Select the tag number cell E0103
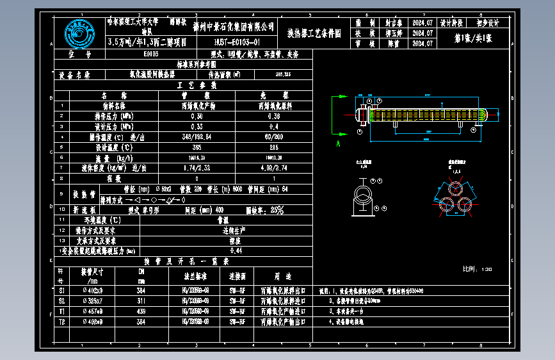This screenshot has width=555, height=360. [151, 54]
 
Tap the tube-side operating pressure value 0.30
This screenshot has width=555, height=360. [197, 116]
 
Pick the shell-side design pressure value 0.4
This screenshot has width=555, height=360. [274, 126]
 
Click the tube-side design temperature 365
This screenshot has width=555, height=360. [197, 147]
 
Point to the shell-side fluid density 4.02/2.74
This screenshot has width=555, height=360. [274, 168]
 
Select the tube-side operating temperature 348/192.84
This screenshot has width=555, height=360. [197, 136]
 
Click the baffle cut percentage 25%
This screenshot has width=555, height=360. [278, 209]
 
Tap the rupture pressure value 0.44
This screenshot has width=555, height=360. [236, 250]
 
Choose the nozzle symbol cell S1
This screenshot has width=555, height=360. [62, 290]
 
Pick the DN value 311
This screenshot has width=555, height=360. [141, 300]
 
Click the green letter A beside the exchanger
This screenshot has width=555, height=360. [337, 145]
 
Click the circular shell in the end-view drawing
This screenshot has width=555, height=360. [363, 195]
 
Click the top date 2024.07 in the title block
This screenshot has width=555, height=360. [423, 21]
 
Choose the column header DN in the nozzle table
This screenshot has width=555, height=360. [141, 271]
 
